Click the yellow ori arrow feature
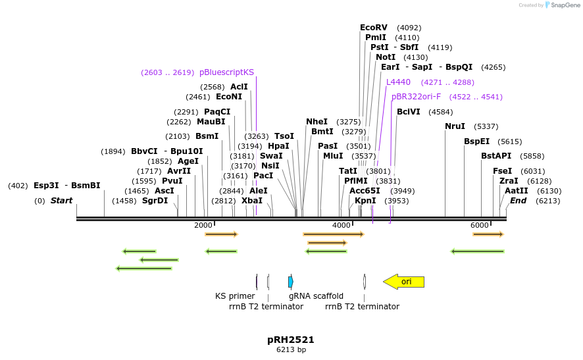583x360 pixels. (403, 282)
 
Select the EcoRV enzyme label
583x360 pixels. (373, 28)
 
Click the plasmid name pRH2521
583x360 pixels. (290, 340)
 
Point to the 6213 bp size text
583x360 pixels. (290, 350)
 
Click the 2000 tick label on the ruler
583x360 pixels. (203, 226)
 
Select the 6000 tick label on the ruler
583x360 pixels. (480, 226)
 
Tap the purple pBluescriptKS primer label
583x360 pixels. (226, 72)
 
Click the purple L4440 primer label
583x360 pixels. (398, 82)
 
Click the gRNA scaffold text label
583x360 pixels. (316, 296)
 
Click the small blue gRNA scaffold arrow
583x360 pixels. (291, 282)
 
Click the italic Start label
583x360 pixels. (61, 201)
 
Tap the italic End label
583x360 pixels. (518, 201)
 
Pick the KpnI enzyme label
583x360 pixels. (365, 201)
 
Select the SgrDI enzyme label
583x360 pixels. (155, 201)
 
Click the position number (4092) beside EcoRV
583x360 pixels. (408, 28)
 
